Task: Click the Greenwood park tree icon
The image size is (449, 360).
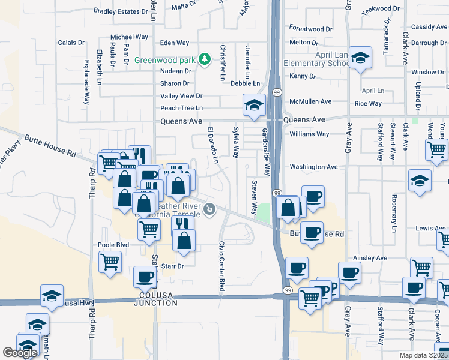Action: point(205,59)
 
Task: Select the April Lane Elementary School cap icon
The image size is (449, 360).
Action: point(360,59)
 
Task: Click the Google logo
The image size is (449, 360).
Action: point(20,353)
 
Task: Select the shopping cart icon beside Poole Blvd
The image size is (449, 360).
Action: point(110,261)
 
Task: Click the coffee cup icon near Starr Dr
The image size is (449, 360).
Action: point(145,277)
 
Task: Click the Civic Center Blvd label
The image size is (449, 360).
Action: point(221,266)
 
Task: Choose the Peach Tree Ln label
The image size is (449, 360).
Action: point(182,108)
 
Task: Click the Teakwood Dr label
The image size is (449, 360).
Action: point(381,8)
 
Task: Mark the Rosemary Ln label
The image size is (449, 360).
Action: point(394,213)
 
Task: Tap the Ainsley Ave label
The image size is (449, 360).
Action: point(370,258)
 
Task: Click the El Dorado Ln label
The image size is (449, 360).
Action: point(211,145)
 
